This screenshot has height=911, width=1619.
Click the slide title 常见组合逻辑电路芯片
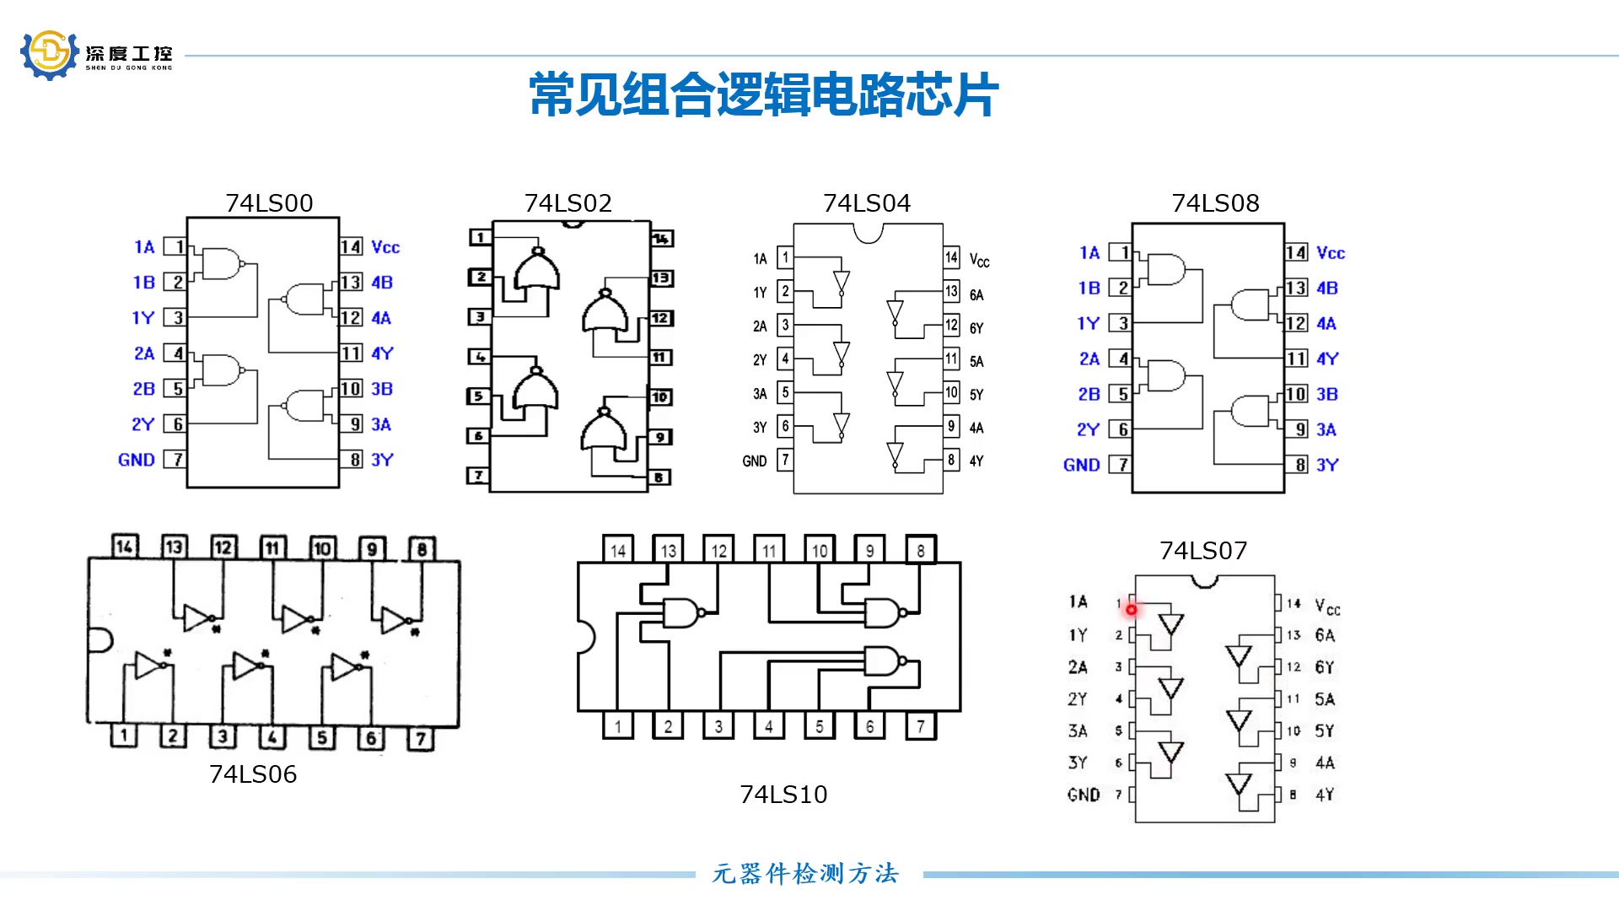pyautogui.click(x=763, y=94)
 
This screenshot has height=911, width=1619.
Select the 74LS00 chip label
pyautogui.click(x=269, y=203)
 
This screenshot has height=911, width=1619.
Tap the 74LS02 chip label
pyautogui.click(x=567, y=203)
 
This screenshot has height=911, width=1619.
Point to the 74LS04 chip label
pyautogui.click(x=867, y=203)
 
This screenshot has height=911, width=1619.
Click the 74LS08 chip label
pyautogui.click(x=1215, y=203)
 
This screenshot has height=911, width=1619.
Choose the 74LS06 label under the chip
pyautogui.click(x=253, y=774)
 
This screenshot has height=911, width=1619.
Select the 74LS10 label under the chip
pyautogui.click(x=783, y=795)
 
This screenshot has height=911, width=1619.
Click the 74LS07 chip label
pyautogui.click(x=1203, y=551)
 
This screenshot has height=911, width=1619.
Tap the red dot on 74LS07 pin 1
pyautogui.click(x=1131, y=609)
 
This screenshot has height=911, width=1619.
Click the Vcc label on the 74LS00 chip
pyautogui.click(x=385, y=247)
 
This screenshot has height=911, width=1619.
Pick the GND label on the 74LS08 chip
pyautogui.click(x=1081, y=465)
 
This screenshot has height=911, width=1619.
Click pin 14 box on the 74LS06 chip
pyautogui.click(x=124, y=547)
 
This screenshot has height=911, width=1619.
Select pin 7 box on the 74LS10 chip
pyautogui.click(x=921, y=726)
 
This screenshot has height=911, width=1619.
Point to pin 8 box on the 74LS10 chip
pyautogui.click(x=921, y=550)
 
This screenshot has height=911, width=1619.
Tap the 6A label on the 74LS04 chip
pyautogui.click(x=976, y=295)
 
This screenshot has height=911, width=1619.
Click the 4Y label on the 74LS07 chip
pyautogui.click(x=1325, y=795)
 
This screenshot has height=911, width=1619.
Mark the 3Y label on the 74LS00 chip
pyautogui.click(x=382, y=460)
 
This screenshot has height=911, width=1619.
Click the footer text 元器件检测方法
pyautogui.click(x=806, y=874)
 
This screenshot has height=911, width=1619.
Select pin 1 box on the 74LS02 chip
pyautogui.click(x=480, y=237)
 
